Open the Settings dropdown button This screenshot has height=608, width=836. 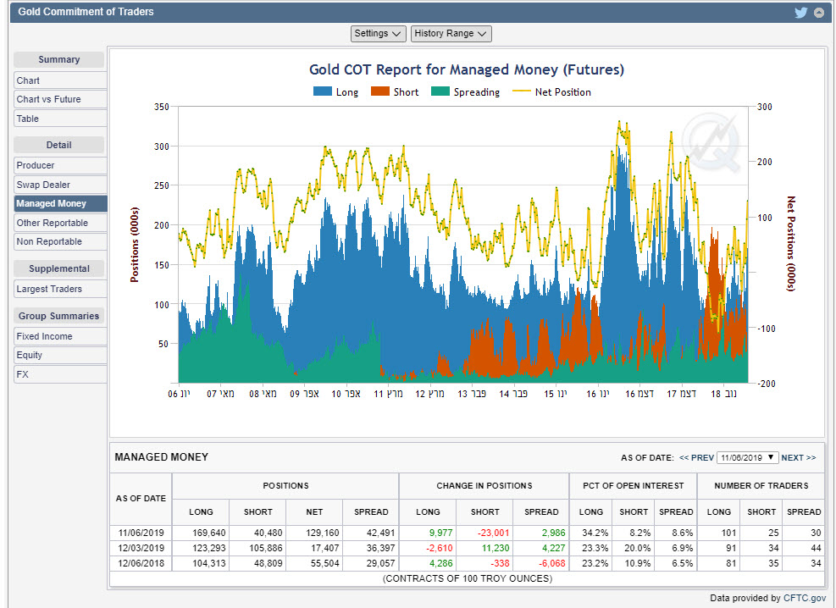click(x=379, y=33)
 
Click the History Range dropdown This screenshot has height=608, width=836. click(x=451, y=33)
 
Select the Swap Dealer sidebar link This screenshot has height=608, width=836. click(x=43, y=185)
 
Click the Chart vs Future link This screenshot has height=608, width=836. click(x=48, y=99)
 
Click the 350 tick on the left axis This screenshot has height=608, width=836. click(x=162, y=107)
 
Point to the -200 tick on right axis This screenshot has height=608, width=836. click(x=765, y=384)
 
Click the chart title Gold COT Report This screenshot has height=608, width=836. click(x=467, y=69)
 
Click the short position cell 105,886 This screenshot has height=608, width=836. click(x=257, y=548)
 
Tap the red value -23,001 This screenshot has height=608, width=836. click(x=484, y=533)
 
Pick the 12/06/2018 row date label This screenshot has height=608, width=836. click(x=141, y=562)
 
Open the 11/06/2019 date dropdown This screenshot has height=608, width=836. click(x=747, y=457)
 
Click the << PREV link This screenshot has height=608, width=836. click(x=696, y=457)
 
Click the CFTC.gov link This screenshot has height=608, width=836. click(x=805, y=599)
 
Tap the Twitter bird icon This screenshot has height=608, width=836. click(x=800, y=12)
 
